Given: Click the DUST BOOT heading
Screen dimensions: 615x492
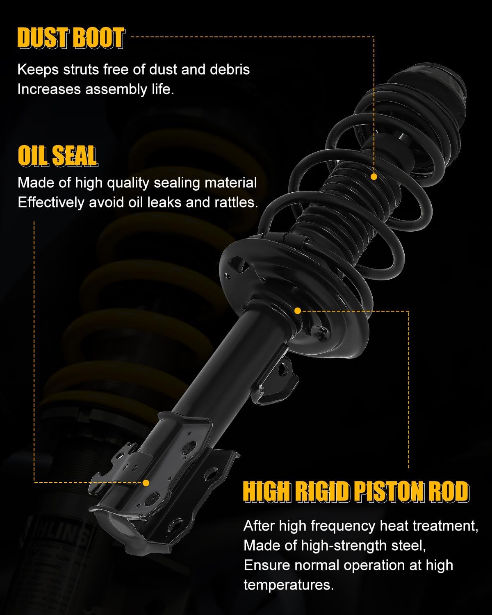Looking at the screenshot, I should [x=71, y=39].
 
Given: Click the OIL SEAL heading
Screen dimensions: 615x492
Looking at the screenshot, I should [x=57, y=156].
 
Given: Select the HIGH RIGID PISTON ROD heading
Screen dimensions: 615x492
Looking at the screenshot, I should [x=355, y=492].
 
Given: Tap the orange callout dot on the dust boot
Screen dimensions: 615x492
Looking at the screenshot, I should [x=374, y=177].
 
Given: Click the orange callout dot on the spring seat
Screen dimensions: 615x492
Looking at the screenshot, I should [x=298, y=311].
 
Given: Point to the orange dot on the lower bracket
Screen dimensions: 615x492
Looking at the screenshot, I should [x=146, y=483].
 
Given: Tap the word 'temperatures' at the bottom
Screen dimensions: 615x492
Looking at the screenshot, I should [x=289, y=585].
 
